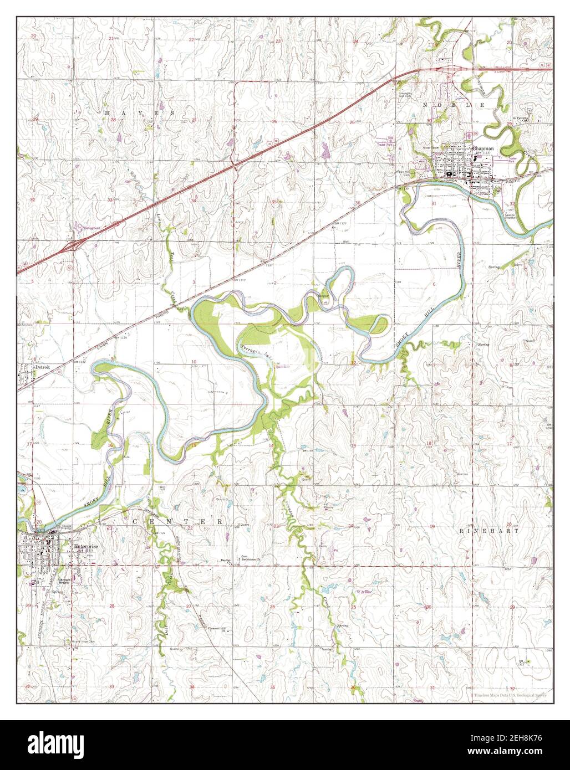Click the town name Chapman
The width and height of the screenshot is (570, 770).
pos(482,148)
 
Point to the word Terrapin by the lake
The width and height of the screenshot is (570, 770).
pos(247,349)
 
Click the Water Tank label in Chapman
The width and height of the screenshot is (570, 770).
pos(428,148)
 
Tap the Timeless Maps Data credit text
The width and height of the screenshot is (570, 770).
pos(510,694)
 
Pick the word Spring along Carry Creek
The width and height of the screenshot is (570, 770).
pos(343,625)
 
